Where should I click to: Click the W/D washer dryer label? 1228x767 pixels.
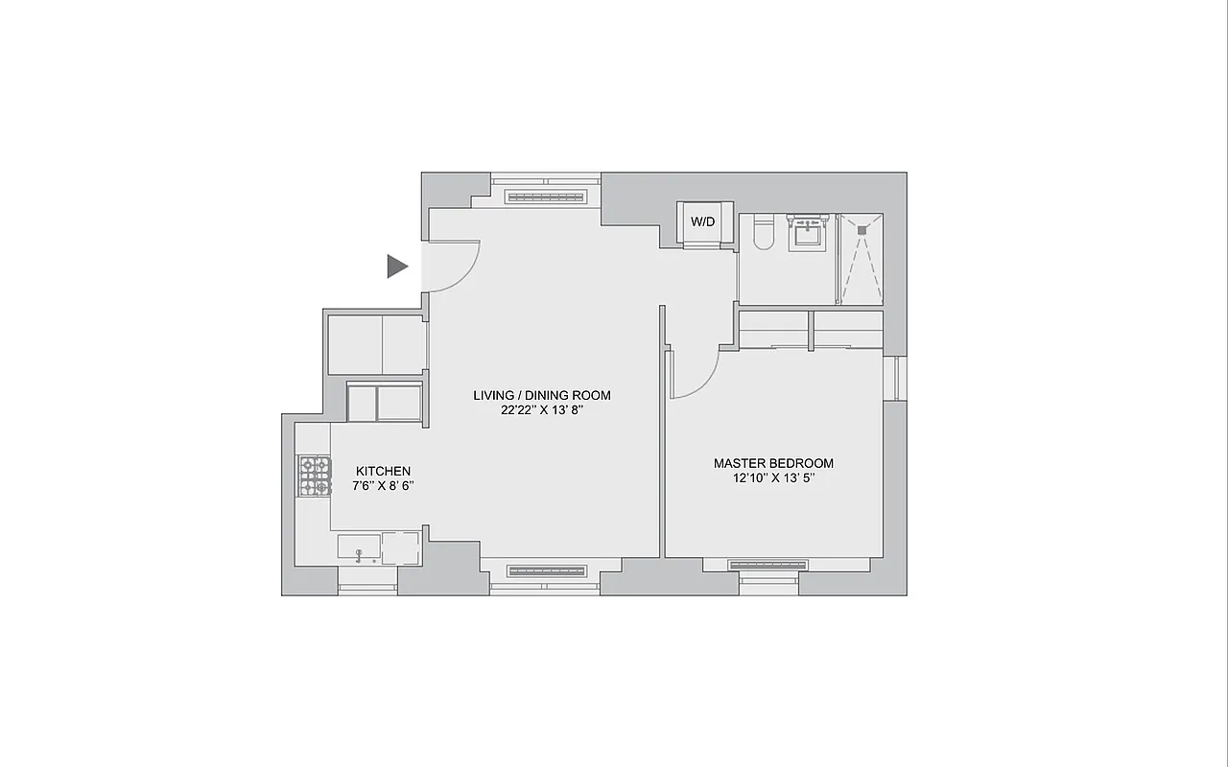(703, 221)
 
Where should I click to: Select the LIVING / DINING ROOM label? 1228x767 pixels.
(542, 395)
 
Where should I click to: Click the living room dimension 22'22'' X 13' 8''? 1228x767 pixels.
(542, 410)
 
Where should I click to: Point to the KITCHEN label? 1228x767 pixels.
(383, 471)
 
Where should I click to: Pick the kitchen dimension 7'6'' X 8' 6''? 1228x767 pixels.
(383, 486)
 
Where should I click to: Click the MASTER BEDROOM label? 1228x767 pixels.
(773, 463)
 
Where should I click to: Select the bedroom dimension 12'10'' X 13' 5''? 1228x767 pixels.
(773, 478)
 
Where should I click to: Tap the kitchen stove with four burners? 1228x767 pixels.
(315, 476)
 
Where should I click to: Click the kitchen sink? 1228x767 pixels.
(360, 548)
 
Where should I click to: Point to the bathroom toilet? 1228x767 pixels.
(764, 234)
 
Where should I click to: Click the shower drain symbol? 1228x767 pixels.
(862, 230)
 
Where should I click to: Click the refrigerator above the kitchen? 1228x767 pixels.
(384, 403)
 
